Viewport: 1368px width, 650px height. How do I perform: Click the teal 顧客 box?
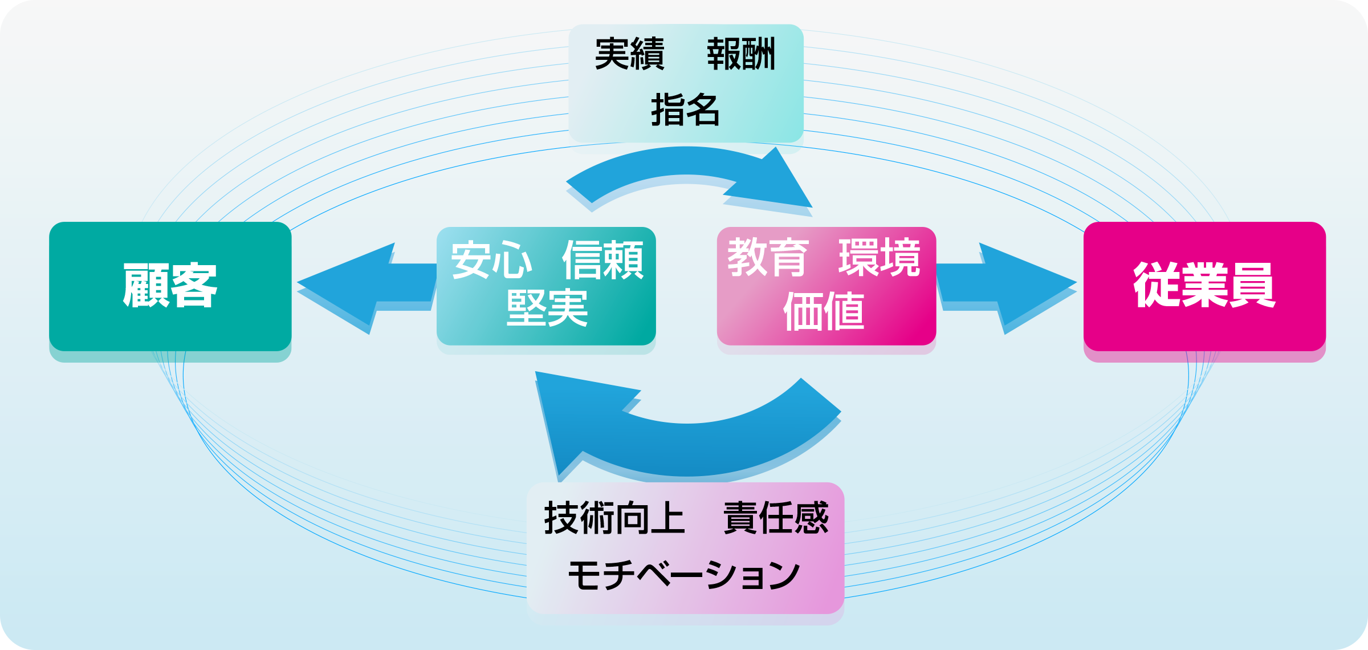[170, 286]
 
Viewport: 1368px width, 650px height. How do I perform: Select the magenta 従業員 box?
[1204, 286]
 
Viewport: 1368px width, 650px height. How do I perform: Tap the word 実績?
[629, 54]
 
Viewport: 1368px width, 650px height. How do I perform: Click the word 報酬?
[741, 54]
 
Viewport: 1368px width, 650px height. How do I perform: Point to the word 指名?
[685, 109]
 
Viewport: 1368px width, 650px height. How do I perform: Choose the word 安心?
[491, 260]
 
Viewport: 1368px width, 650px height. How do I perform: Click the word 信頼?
[602, 260]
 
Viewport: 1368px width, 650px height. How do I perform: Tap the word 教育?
[768, 258]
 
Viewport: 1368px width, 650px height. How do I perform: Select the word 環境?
[879, 258]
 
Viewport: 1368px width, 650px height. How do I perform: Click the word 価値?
[824, 311]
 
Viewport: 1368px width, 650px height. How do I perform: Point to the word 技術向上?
[614, 518]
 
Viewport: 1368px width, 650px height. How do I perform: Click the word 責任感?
[775, 518]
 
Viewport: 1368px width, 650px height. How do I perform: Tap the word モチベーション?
[684, 575]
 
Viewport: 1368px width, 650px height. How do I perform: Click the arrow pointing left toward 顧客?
[365, 283]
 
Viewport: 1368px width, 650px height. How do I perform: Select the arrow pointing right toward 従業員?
[1009, 283]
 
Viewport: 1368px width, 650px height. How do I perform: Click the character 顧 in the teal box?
[146, 286]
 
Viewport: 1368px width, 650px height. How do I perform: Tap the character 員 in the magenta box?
[1252, 286]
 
